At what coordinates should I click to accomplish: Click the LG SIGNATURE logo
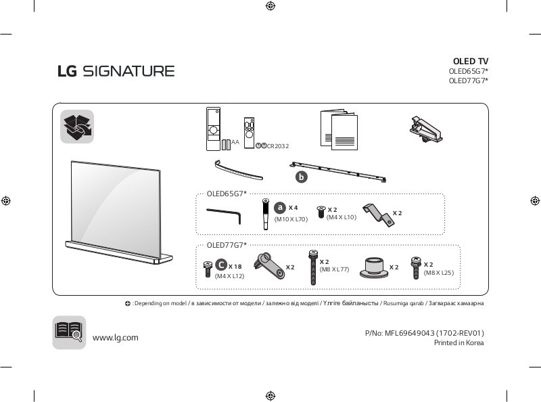click(x=116, y=71)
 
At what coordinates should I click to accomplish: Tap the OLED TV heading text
click(x=470, y=62)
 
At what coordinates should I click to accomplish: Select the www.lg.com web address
click(x=115, y=338)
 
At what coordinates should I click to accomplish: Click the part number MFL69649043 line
click(x=424, y=333)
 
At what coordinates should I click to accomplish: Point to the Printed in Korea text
click(x=458, y=343)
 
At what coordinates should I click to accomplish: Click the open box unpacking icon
click(x=77, y=127)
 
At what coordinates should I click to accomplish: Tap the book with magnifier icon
click(x=69, y=332)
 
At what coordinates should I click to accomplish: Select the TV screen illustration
click(x=115, y=201)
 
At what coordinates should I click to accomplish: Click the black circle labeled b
click(x=301, y=177)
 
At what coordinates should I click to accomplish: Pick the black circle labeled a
click(x=280, y=207)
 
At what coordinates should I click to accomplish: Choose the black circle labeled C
click(x=221, y=266)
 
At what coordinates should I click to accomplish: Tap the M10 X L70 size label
click(x=291, y=219)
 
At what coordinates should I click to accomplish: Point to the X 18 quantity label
click(x=235, y=267)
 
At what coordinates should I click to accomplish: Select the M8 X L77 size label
click(x=334, y=270)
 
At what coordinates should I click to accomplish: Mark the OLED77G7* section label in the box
click(x=227, y=245)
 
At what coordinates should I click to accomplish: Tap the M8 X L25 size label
click(x=438, y=272)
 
